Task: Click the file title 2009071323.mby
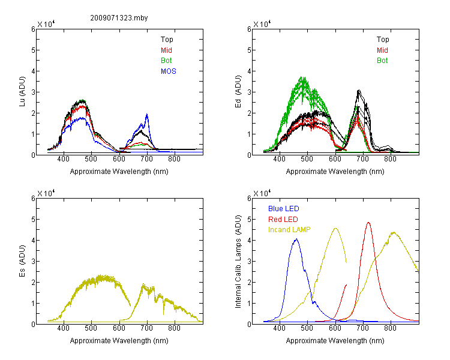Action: point(119,18)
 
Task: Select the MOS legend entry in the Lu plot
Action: point(169,71)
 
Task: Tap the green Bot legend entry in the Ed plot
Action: point(382,61)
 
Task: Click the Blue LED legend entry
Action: point(284,209)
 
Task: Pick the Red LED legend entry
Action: point(283,220)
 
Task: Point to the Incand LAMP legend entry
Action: point(289,230)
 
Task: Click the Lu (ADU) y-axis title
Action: point(22,92)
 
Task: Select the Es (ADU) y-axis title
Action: point(22,261)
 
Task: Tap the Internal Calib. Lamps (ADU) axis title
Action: point(238,262)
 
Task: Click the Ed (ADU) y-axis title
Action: point(238,92)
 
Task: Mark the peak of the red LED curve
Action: point(368,223)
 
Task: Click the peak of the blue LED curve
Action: point(296,239)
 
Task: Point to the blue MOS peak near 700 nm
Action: point(147,114)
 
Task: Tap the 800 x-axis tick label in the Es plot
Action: point(174,328)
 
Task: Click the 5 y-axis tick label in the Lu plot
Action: point(33,50)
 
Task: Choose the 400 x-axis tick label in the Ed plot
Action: point(279,159)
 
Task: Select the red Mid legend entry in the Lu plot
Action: point(166,50)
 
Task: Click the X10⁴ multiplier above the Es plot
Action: point(46,193)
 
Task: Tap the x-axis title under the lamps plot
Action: point(335,341)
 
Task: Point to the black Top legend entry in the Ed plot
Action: point(383,40)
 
